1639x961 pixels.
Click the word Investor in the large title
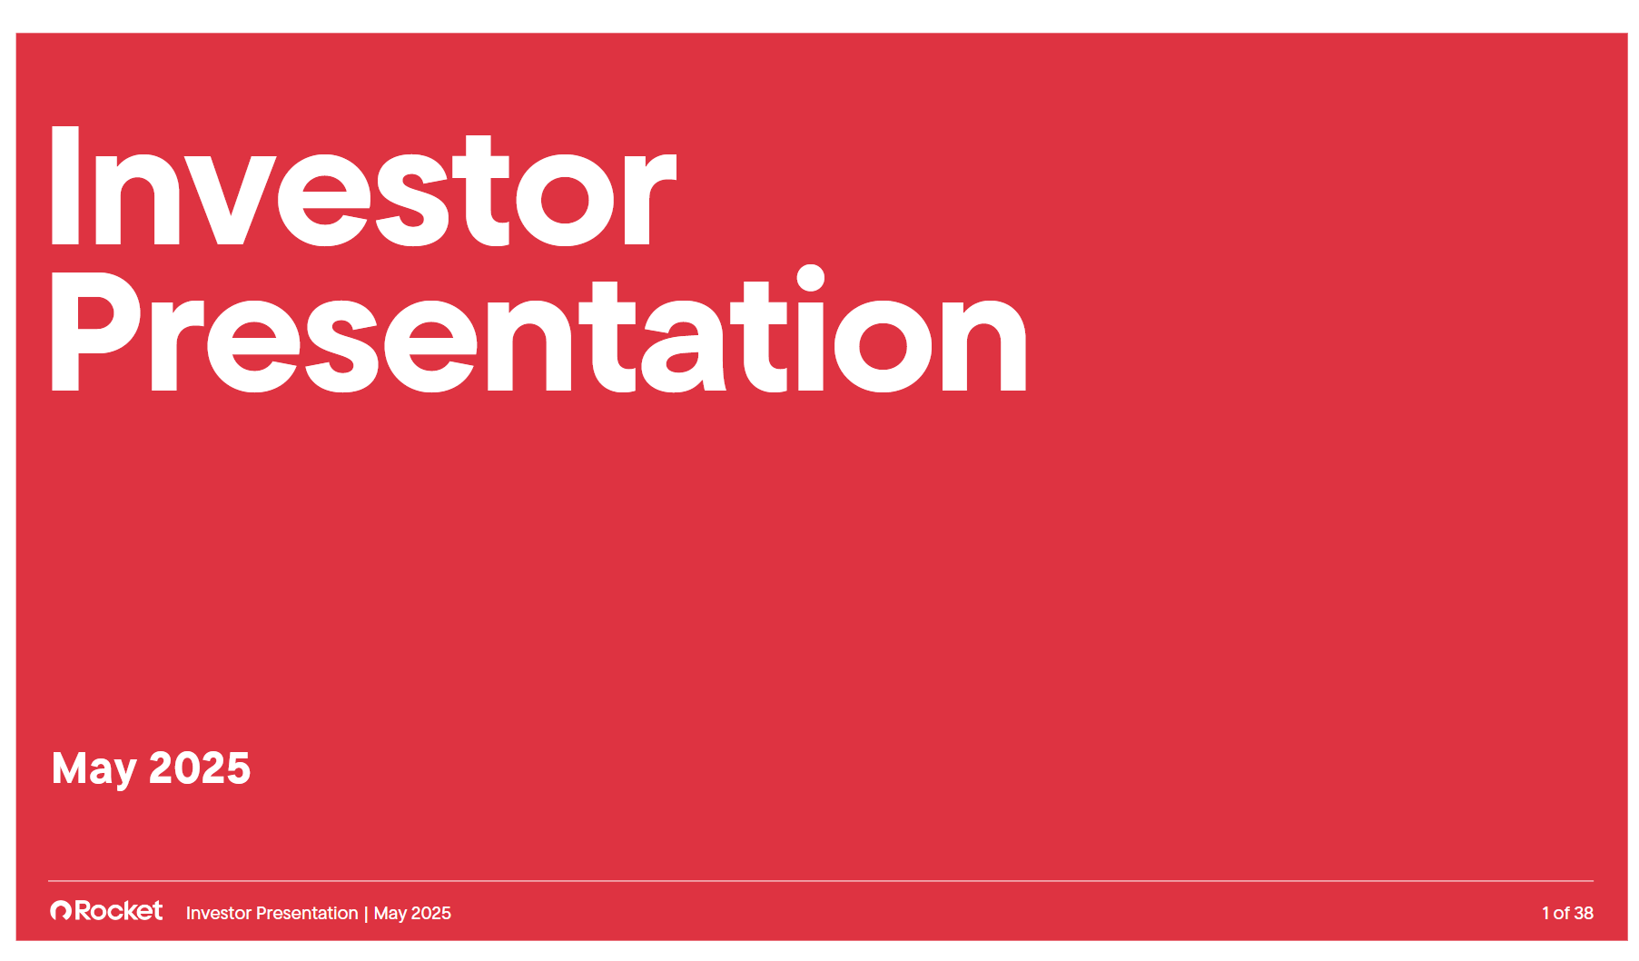point(363,186)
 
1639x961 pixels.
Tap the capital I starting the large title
point(63,186)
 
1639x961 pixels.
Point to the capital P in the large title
point(96,332)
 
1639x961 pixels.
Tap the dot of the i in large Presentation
point(810,279)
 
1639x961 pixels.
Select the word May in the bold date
point(94,770)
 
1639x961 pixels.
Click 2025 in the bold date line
point(200,768)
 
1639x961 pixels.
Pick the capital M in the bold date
point(70,768)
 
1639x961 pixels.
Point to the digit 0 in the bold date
point(187,768)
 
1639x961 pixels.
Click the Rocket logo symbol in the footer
point(61,910)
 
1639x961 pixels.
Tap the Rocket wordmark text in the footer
point(119,910)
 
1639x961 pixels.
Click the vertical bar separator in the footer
point(366,914)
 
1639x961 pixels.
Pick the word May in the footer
point(390,914)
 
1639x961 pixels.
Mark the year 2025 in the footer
point(431,913)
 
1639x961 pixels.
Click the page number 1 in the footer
point(1545,913)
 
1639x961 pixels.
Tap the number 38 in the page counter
point(1584,913)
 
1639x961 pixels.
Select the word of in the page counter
point(1562,913)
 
